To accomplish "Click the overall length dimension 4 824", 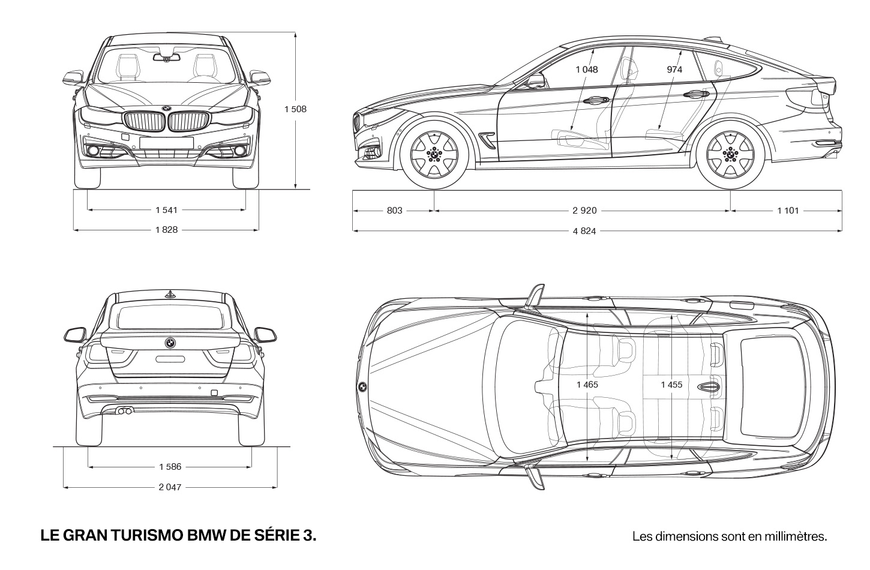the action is (584, 231).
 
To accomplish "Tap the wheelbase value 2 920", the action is (584, 211).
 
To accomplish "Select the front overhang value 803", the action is (394, 211).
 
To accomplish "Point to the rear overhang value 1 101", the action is (788, 211).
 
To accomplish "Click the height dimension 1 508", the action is (295, 109).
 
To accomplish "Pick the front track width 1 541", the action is (166, 210).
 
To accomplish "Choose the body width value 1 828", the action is (166, 230).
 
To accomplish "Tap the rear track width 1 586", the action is (170, 467).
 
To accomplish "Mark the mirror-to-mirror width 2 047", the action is (170, 487).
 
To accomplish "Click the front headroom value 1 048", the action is (586, 70).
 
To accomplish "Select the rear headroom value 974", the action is (674, 70).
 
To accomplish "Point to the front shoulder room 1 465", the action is (587, 385).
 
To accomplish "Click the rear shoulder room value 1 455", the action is (671, 385).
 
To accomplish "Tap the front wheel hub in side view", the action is (434, 155).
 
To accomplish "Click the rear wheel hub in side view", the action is (730, 155).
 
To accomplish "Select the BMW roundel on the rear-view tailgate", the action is (170, 343).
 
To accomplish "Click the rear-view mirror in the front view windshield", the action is (166, 58).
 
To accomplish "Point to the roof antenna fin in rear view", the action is (170, 295).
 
